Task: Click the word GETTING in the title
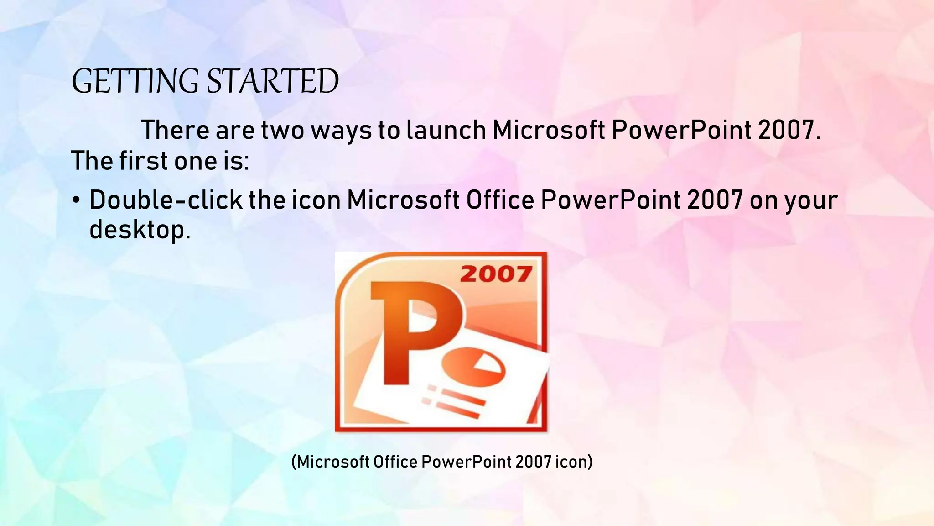click(135, 82)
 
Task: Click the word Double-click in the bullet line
click(166, 200)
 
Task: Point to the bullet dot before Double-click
click(76, 201)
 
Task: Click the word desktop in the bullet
click(137, 229)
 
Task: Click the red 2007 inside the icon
click(496, 274)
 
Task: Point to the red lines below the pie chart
click(456, 402)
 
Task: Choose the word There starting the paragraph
click(175, 130)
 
